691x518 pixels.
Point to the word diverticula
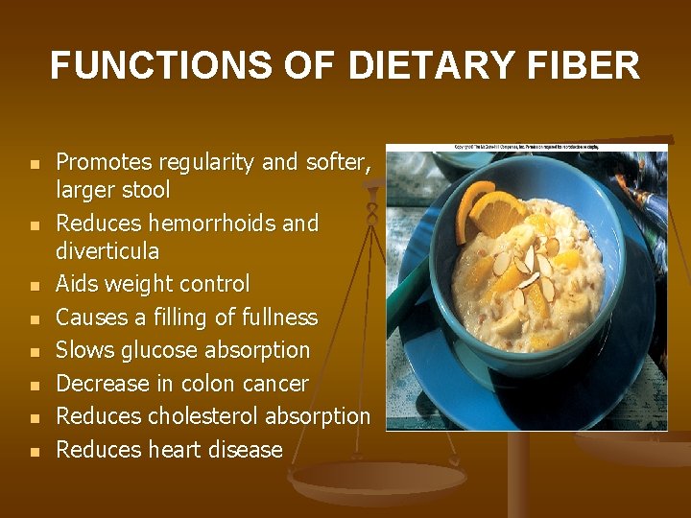pyautogui.click(x=107, y=251)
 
